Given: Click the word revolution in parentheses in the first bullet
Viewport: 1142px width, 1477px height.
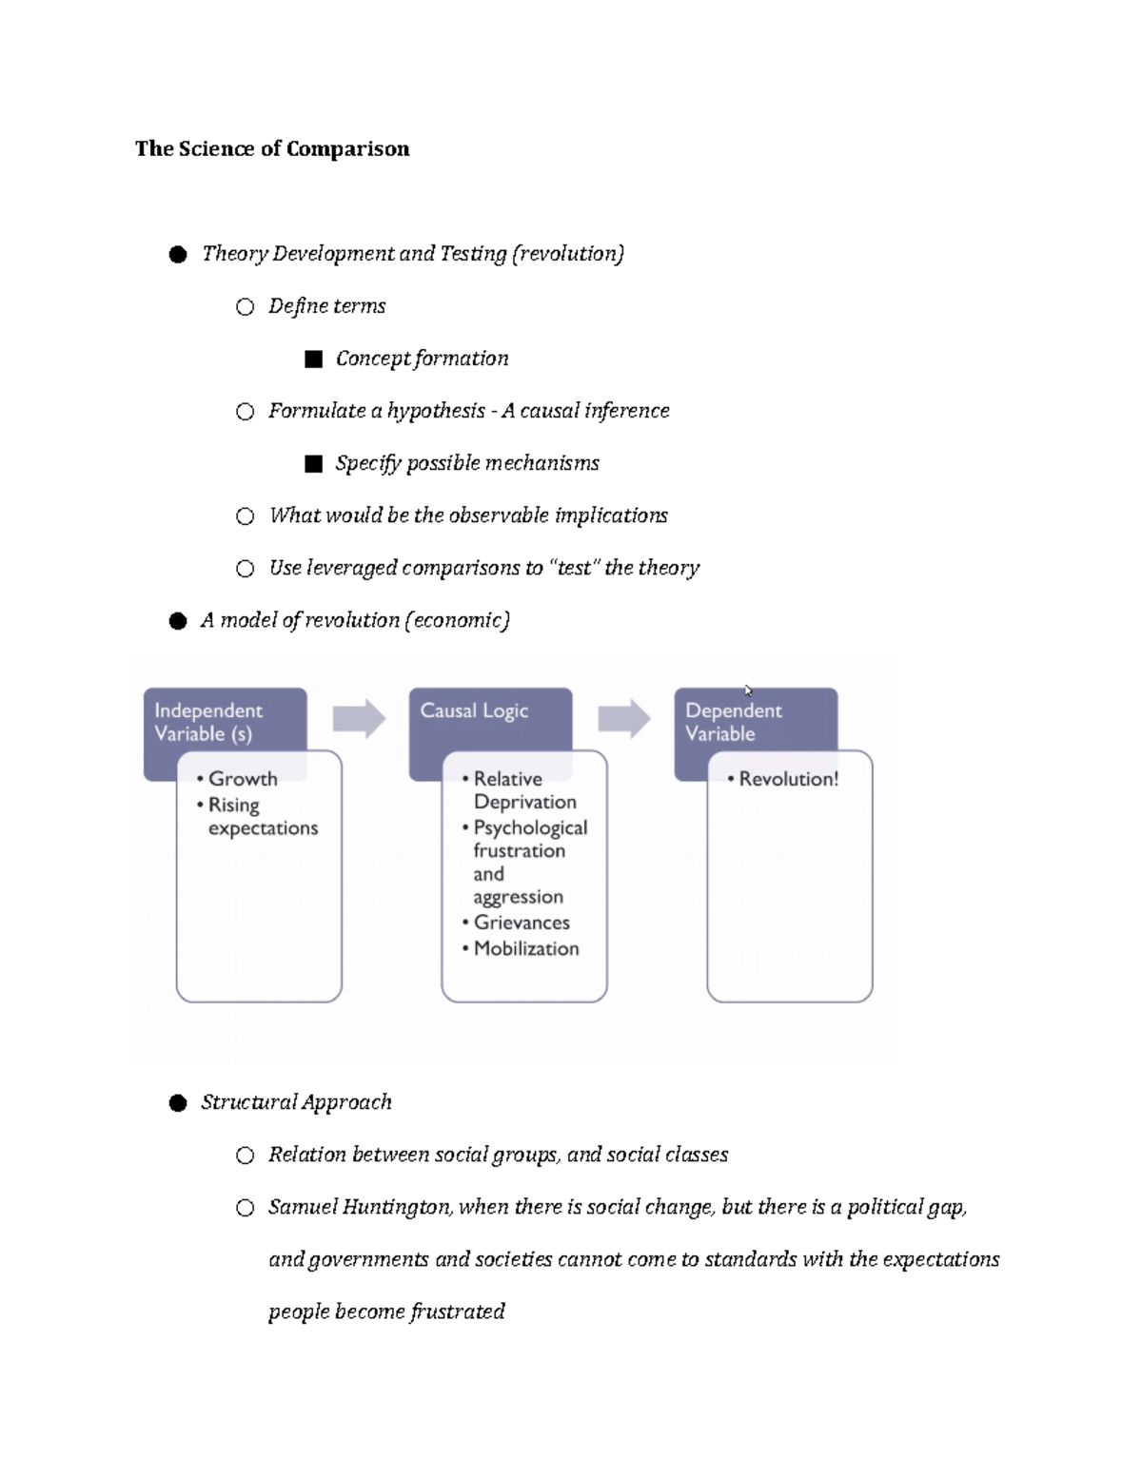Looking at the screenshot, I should click(x=568, y=253).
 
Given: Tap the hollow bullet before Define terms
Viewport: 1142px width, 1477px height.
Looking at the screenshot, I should click(x=246, y=306).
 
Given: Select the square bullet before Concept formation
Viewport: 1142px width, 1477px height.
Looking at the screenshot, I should click(x=313, y=359).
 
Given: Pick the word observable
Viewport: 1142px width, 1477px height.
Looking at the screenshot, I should click(x=498, y=515).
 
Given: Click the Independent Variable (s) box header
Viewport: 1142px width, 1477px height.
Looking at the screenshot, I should click(x=209, y=722).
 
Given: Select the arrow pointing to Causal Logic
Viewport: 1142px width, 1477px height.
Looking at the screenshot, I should click(x=359, y=719).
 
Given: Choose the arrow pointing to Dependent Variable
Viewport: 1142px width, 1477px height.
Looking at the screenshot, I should click(x=624, y=719).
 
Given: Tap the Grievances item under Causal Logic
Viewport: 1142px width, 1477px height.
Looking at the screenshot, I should click(x=521, y=923).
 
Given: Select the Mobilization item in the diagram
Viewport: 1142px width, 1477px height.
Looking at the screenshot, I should click(x=525, y=948).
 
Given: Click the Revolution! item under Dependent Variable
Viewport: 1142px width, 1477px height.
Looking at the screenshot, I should click(x=788, y=779).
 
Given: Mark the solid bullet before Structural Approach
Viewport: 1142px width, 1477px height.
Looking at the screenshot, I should click(x=178, y=1103).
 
